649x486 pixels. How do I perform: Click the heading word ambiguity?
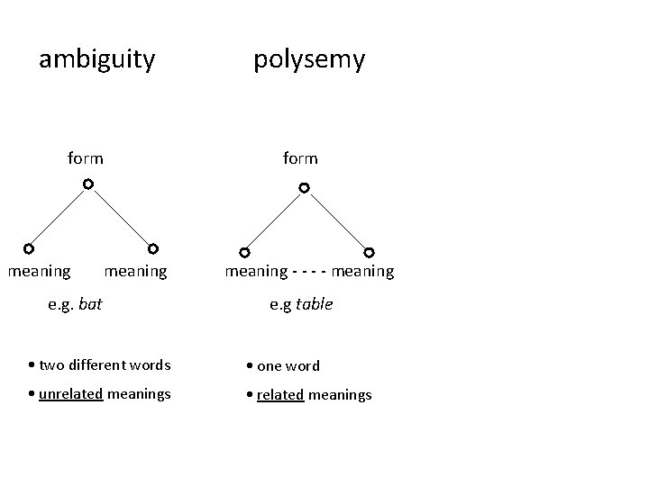(x=96, y=60)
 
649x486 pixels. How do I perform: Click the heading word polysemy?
(x=309, y=60)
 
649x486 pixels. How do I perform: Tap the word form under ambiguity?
(x=86, y=158)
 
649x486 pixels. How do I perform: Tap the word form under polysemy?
(x=300, y=158)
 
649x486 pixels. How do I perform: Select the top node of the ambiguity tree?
(x=87, y=184)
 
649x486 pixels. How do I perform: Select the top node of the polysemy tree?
(x=305, y=188)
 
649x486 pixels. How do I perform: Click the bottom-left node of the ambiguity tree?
(x=29, y=248)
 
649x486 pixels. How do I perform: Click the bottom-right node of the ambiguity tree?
(x=153, y=248)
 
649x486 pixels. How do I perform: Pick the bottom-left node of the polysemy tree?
(x=244, y=253)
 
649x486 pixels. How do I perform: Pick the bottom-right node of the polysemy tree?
(x=369, y=253)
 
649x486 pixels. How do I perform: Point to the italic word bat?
(x=90, y=304)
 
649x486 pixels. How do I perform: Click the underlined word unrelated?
(x=70, y=393)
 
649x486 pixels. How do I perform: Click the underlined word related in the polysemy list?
(x=280, y=395)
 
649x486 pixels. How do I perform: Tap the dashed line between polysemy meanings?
(x=310, y=271)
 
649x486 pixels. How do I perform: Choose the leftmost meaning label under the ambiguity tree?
(x=40, y=270)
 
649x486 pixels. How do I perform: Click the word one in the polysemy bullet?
(x=270, y=366)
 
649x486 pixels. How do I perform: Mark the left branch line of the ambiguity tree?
(x=58, y=217)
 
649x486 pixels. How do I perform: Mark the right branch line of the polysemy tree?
(x=337, y=220)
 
